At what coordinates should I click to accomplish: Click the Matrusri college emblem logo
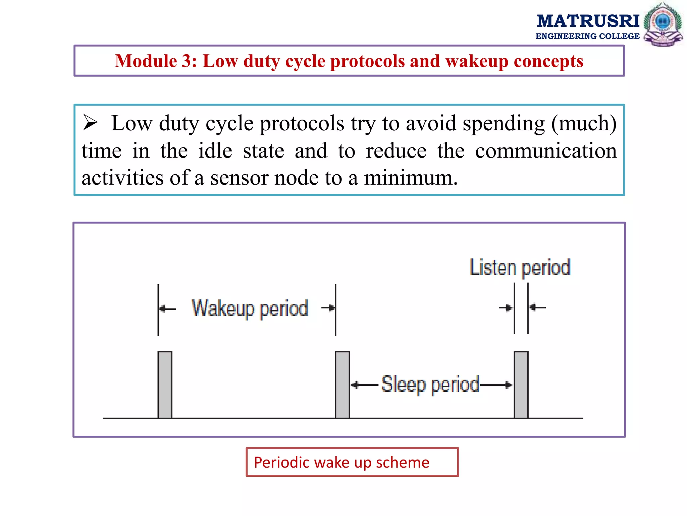[663, 25]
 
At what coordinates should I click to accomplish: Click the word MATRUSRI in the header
[588, 21]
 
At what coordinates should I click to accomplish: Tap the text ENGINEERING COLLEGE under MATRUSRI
[587, 36]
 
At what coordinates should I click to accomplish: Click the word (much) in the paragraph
[584, 123]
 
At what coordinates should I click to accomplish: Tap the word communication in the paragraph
[546, 151]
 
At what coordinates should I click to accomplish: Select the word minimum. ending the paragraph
[411, 178]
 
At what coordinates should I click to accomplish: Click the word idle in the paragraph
[215, 151]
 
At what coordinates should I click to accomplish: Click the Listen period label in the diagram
[520, 268]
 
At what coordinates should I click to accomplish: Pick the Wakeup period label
[250, 308]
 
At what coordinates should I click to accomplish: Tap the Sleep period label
[430, 384]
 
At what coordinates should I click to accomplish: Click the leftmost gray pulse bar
[165, 385]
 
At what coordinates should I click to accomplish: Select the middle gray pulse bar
[342, 385]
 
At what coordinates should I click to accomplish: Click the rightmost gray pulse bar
[521, 385]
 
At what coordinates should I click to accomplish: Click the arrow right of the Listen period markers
[537, 307]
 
